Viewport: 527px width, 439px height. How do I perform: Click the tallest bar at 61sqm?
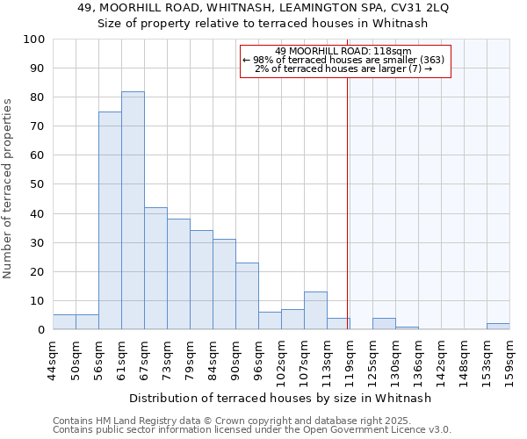pos(133,211)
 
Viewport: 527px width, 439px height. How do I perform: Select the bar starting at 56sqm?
pos(110,220)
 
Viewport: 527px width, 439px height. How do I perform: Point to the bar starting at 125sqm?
pos(384,324)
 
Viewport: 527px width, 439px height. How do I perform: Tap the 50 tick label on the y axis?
pos(38,184)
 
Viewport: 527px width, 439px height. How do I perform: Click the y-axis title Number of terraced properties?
pos(9,187)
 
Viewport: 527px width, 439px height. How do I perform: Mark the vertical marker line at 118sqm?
pos(348,219)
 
